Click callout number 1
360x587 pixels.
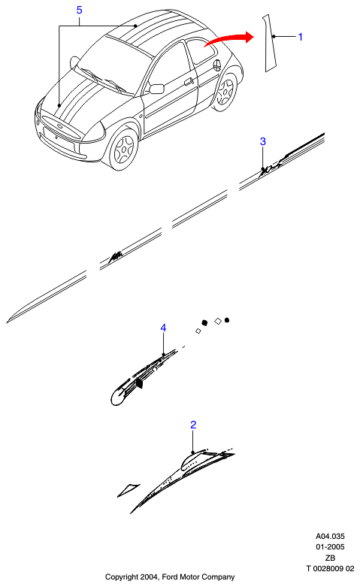coord(300,37)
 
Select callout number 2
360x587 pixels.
coord(193,425)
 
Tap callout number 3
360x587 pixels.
coord(263,141)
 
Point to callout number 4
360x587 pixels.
coord(163,328)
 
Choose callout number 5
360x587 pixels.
coord(79,10)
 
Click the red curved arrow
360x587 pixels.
coord(228,38)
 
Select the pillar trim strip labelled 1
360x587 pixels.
coord(270,43)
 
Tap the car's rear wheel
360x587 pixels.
coord(225,92)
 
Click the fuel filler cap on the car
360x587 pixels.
coord(216,65)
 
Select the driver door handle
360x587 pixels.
coord(189,80)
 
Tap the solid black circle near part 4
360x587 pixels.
coord(227,320)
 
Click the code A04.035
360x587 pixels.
coord(330,536)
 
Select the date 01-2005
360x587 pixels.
coord(330,547)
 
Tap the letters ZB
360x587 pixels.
coord(330,558)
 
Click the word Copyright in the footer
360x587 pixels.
coord(121,577)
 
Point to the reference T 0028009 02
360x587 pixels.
coord(330,569)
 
